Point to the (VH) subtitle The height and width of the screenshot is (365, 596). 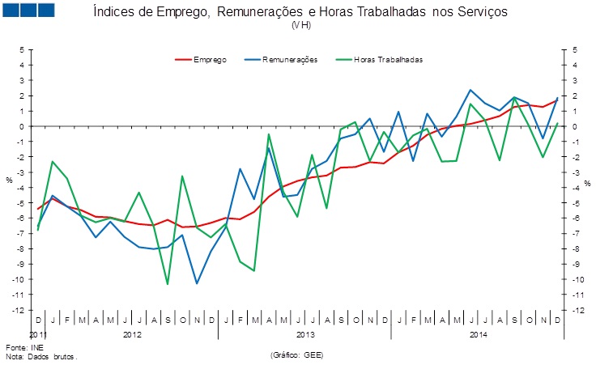click(x=301, y=25)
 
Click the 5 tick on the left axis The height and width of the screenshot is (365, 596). click(x=23, y=50)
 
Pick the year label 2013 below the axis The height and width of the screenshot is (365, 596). click(x=305, y=333)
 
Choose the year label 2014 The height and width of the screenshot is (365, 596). click(x=478, y=333)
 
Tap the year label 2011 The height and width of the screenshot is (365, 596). click(x=38, y=333)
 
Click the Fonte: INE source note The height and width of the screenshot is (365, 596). click(x=22, y=348)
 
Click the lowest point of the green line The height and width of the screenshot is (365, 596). click(x=168, y=283)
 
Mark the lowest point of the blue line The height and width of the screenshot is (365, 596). click(x=197, y=282)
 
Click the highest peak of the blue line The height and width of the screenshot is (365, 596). click(x=470, y=90)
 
